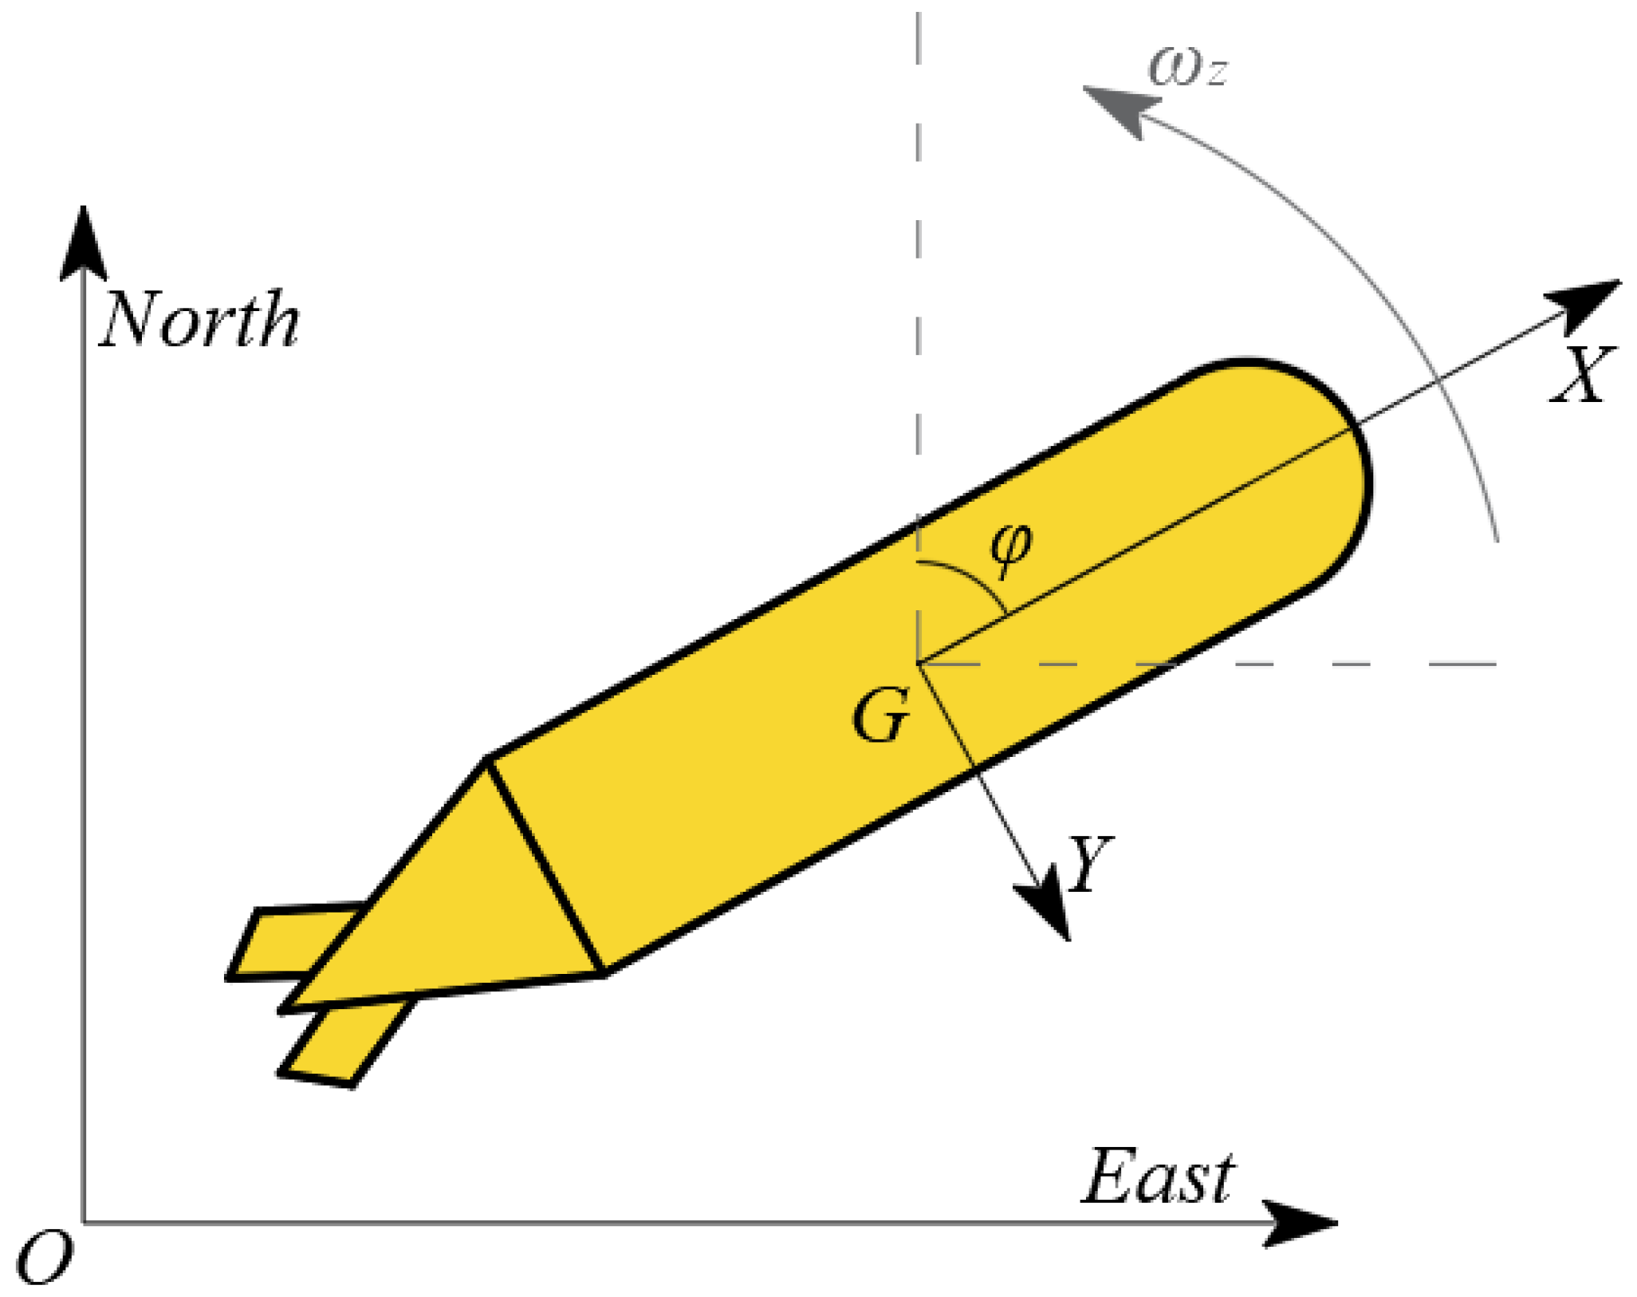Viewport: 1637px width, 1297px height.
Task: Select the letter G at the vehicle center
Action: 880,716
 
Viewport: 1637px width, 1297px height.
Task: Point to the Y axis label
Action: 1089,863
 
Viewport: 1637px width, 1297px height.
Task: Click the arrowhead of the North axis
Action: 83,243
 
